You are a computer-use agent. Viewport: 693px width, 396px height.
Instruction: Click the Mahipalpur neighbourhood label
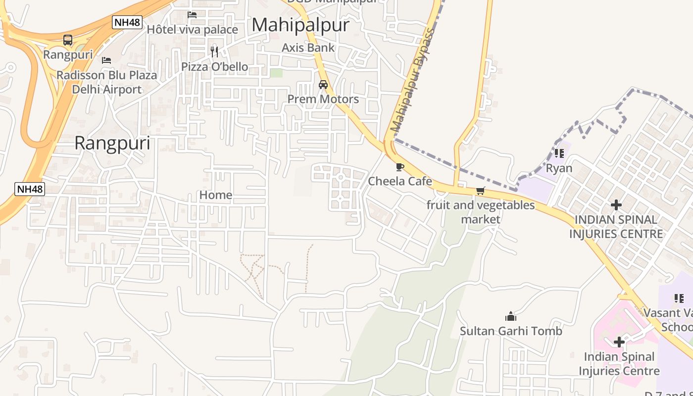pyautogui.click(x=300, y=25)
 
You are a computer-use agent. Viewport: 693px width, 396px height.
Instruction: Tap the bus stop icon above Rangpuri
pyautogui.click(x=68, y=40)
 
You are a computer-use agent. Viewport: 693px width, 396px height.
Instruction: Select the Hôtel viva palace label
pyautogui.click(x=192, y=30)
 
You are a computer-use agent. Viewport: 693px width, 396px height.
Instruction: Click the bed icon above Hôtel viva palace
pyautogui.click(x=192, y=15)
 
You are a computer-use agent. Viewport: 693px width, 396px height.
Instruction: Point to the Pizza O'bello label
pyautogui.click(x=214, y=66)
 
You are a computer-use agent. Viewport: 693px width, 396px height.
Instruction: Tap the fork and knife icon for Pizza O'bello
pyautogui.click(x=214, y=51)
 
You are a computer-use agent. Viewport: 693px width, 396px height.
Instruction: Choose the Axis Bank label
pyautogui.click(x=308, y=48)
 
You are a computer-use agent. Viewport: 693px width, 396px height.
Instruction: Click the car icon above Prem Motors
pyautogui.click(x=323, y=85)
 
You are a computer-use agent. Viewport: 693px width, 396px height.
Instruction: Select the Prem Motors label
pyautogui.click(x=323, y=99)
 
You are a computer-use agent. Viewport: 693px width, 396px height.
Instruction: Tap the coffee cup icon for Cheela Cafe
pyautogui.click(x=400, y=167)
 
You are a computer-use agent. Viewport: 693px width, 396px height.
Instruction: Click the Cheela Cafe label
pyautogui.click(x=400, y=181)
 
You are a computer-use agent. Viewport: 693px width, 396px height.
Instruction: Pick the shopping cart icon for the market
pyautogui.click(x=480, y=191)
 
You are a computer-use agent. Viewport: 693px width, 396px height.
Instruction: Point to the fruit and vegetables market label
pyautogui.click(x=481, y=212)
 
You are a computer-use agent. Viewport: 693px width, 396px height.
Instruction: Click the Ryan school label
pyautogui.click(x=559, y=168)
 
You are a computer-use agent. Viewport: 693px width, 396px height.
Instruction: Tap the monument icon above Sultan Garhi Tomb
pyautogui.click(x=511, y=316)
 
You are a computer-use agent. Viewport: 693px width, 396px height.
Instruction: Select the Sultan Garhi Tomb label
pyautogui.click(x=511, y=331)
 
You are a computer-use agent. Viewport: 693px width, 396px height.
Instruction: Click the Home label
pyautogui.click(x=216, y=195)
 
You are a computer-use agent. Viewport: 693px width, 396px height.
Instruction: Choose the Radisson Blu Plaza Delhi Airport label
pyautogui.click(x=106, y=82)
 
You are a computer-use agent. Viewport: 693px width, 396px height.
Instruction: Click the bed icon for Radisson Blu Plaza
pyautogui.click(x=106, y=60)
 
